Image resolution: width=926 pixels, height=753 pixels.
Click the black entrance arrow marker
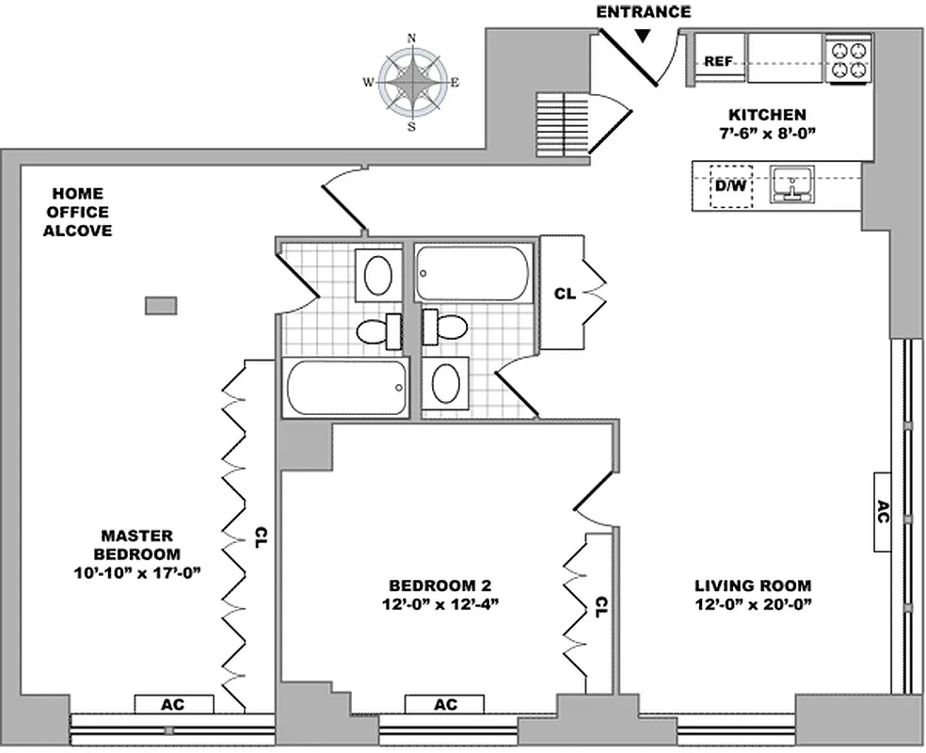(643, 36)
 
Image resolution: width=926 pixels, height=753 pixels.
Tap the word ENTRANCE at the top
(644, 12)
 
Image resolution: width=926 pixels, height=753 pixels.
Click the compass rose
(411, 83)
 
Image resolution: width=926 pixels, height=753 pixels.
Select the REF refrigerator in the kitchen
(719, 61)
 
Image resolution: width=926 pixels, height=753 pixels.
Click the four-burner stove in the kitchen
(848, 59)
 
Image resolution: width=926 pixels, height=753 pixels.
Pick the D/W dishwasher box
(730, 185)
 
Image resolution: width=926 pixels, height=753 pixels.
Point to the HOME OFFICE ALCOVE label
(77, 212)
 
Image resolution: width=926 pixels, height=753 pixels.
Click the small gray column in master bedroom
(161, 305)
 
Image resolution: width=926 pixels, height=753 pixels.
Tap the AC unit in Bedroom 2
(444, 704)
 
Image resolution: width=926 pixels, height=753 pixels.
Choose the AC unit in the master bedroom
(174, 704)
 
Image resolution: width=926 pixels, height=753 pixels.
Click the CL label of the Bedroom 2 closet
(599, 607)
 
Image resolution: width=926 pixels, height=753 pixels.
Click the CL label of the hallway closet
(565, 294)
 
